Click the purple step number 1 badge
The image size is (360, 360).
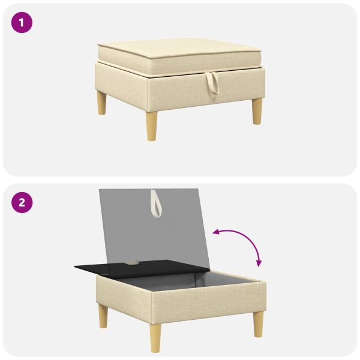pyautogui.click(x=22, y=23)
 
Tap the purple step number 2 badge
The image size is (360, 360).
pyautogui.click(x=22, y=203)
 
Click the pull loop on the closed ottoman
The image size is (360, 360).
pyautogui.click(x=212, y=83)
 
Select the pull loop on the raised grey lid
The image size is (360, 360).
pyautogui.click(x=157, y=204)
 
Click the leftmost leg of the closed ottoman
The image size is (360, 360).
pyautogui.click(x=101, y=103)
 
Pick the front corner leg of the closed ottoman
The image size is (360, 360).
pyautogui.click(x=152, y=126)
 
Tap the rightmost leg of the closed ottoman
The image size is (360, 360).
pyautogui.click(x=257, y=112)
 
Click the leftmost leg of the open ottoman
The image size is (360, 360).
pyautogui.click(x=103, y=316)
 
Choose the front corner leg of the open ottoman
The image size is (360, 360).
pyautogui.click(x=156, y=338)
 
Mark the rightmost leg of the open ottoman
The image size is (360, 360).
pyautogui.click(x=258, y=324)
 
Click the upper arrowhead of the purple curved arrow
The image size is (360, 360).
pyautogui.click(x=215, y=232)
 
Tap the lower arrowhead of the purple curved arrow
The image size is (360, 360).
pyautogui.click(x=259, y=263)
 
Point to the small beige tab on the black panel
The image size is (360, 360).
pyautogui.click(x=132, y=262)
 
